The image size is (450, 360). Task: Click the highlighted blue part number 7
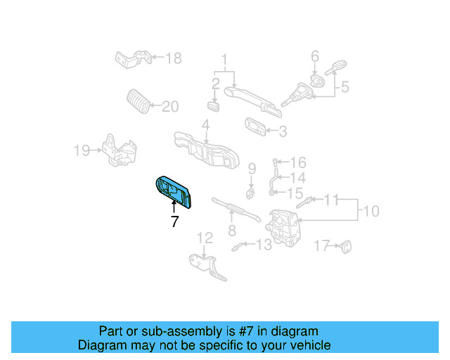(174, 192)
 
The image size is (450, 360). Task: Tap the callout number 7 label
(174, 221)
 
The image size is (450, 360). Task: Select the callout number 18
(173, 58)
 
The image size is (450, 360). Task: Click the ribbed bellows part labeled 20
(137, 102)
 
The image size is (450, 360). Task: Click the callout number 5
(345, 87)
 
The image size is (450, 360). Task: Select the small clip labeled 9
(250, 191)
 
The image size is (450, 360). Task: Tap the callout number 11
(330, 199)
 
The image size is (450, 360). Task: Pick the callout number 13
(263, 245)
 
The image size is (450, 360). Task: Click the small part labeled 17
(345, 246)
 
